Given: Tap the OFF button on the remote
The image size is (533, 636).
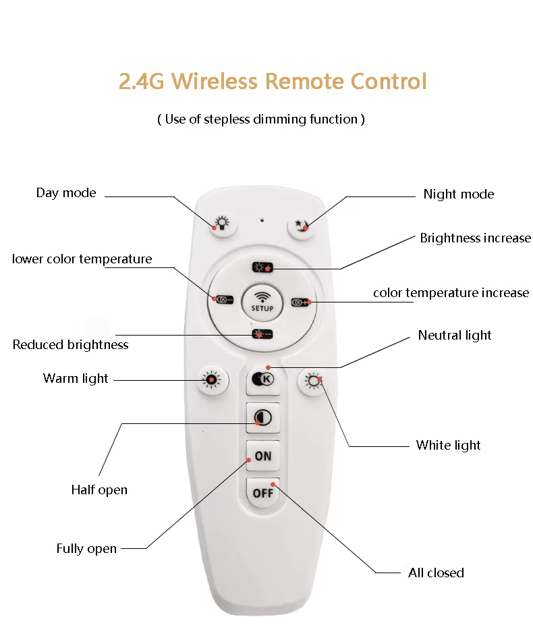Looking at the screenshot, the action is tap(262, 492).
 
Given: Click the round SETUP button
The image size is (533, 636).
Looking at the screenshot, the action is tap(262, 302).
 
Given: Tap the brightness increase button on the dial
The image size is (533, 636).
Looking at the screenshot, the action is tap(262, 267).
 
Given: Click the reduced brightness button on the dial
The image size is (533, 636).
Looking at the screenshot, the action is tap(262, 334).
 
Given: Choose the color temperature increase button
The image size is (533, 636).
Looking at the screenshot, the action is tap(301, 302).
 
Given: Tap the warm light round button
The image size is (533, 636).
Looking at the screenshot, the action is tap(212, 380).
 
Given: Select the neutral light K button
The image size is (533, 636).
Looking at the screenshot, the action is tap(263, 379).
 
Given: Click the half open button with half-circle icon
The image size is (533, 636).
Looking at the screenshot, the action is tap(262, 418).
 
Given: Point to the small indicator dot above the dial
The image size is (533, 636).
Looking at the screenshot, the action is tap(262, 220).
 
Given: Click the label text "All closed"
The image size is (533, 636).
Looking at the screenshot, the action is tap(436, 573).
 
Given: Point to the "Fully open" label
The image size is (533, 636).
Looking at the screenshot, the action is tap(86, 549).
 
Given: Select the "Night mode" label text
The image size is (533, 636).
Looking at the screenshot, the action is tap(458, 194).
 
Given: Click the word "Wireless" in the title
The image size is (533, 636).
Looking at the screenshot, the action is tap(215, 81).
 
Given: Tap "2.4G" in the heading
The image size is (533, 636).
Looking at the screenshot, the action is tap(142, 81).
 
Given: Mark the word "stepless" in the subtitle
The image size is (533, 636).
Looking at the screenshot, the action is tap(227, 120).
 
